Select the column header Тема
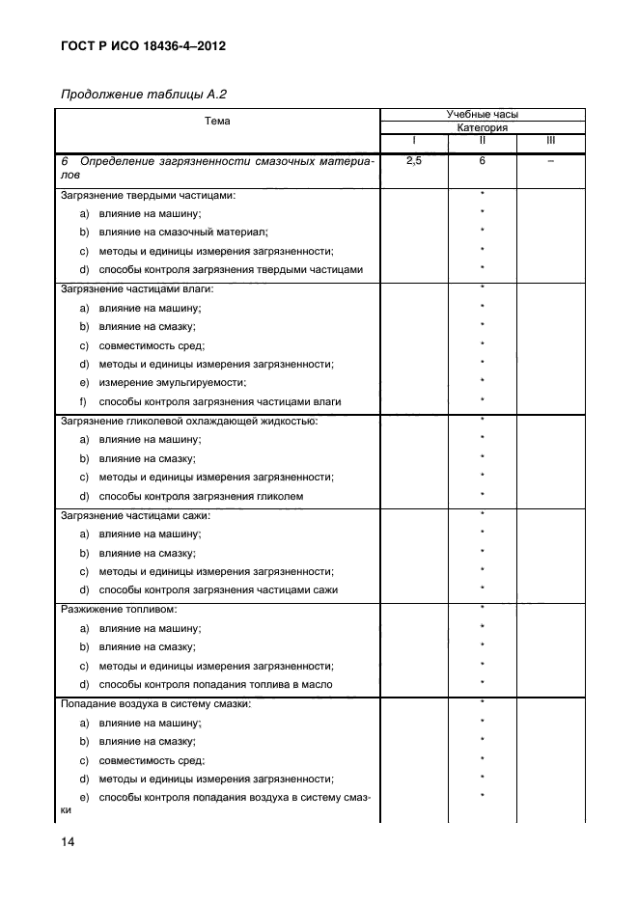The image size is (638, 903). pos(217,122)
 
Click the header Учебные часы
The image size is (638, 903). pos(482,114)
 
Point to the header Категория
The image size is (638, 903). pos(482,127)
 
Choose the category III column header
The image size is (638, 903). pos(550,141)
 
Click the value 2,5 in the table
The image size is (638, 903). pos(414,161)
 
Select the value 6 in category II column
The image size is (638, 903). pos(482,161)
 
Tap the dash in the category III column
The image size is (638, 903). pos(550,161)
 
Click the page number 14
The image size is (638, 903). pos(66,842)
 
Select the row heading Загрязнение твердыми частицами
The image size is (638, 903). pos(148,195)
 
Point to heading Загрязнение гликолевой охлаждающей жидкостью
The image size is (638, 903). pos(189,421)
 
